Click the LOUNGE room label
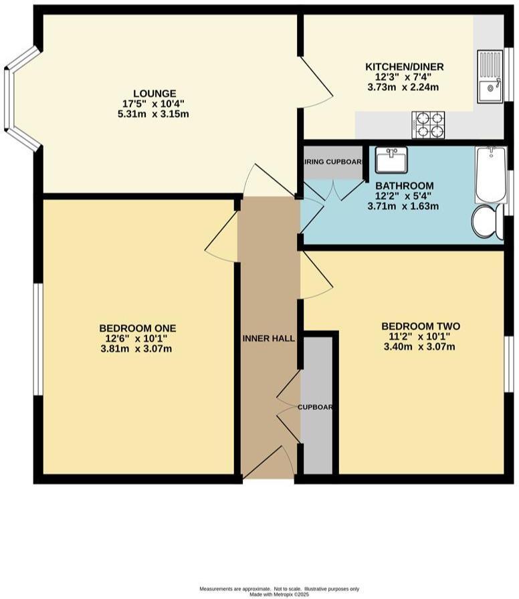(x=154, y=94)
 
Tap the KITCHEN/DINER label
(x=404, y=67)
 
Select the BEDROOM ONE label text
(x=137, y=328)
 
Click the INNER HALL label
(x=268, y=339)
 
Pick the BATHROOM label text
(x=404, y=185)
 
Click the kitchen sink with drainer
(x=490, y=77)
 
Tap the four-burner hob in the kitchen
(x=429, y=124)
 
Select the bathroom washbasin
(x=391, y=160)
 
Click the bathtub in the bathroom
(x=490, y=174)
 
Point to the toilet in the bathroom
(x=488, y=221)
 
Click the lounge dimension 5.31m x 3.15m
(x=153, y=114)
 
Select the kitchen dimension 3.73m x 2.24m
(x=403, y=87)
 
